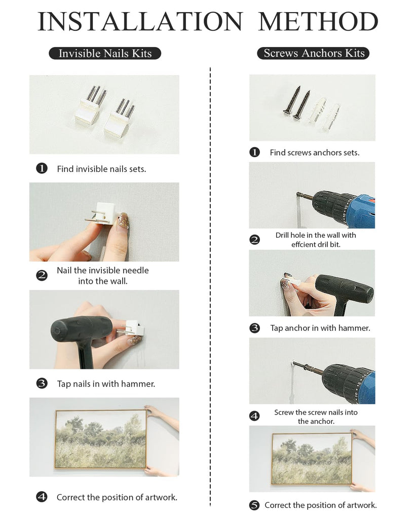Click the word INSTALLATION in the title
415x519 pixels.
pos(140,21)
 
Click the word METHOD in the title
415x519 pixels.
pos(318,21)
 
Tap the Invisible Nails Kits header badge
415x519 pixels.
pos(105,53)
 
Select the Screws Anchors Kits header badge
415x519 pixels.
pos(313,53)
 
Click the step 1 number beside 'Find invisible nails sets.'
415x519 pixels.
pos(42,168)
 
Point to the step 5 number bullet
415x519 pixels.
pos(254,505)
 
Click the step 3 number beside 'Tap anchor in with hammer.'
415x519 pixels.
pos(254,328)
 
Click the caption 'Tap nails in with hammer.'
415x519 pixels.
pos(106,384)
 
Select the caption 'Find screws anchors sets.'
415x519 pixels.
pos(314,153)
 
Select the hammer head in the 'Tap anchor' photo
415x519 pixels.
pos(345,291)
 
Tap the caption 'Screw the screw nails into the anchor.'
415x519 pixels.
pos(316,417)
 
